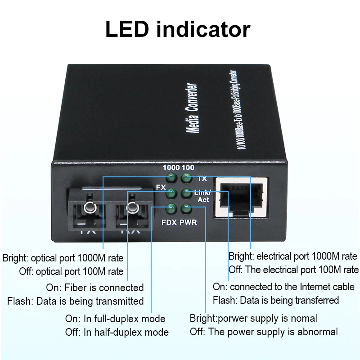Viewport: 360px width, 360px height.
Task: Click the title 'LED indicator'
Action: (178, 29)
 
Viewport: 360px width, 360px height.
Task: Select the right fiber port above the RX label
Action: (131, 208)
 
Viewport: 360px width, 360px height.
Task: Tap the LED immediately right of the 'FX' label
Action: (171, 193)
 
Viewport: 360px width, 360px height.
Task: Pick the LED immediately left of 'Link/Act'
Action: (185, 193)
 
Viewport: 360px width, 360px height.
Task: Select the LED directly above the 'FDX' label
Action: (171, 208)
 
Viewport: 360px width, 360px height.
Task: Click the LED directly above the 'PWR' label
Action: (185, 208)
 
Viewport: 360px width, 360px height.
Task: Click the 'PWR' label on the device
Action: (189, 222)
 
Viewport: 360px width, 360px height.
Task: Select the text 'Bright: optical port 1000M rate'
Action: (63, 258)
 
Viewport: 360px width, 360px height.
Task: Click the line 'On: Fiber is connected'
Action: (95, 288)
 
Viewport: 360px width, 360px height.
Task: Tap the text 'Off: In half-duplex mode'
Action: (117, 332)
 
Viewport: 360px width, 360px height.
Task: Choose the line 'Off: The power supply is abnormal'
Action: (264, 332)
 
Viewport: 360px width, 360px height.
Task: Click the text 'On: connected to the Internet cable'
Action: (283, 287)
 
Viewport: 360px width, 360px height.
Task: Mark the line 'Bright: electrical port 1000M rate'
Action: (293, 256)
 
